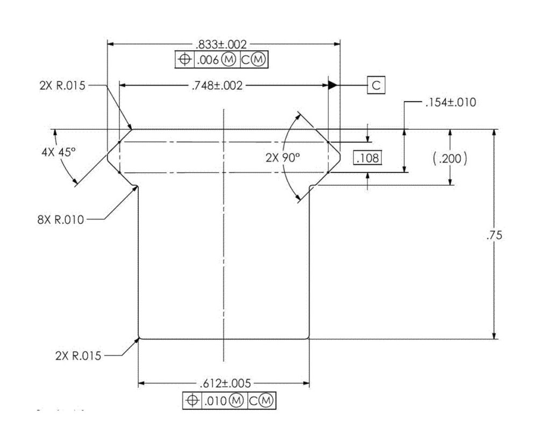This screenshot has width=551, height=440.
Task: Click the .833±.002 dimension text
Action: (221, 44)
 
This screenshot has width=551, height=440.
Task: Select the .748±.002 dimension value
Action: (217, 86)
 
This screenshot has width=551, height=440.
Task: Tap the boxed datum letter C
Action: (376, 85)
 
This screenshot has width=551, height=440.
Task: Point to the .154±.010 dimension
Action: (450, 102)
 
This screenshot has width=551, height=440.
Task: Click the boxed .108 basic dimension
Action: (367, 158)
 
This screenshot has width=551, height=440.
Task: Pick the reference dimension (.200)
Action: (450, 158)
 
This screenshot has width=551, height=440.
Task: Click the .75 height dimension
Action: (495, 235)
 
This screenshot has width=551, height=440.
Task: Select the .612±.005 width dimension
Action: (225, 383)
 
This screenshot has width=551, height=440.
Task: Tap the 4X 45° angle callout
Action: (58, 152)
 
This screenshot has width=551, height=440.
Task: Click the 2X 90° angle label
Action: (283, 158)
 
